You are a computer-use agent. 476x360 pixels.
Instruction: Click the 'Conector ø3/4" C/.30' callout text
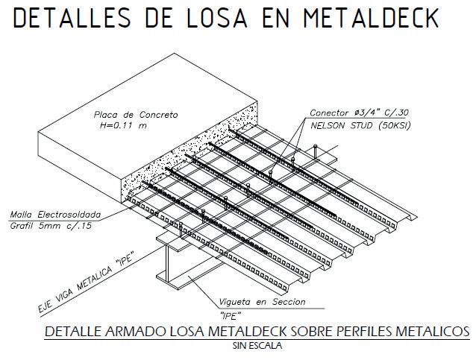(x=359, y=113)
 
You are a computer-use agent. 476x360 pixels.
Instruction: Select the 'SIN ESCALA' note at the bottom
(x=257, y=344)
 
